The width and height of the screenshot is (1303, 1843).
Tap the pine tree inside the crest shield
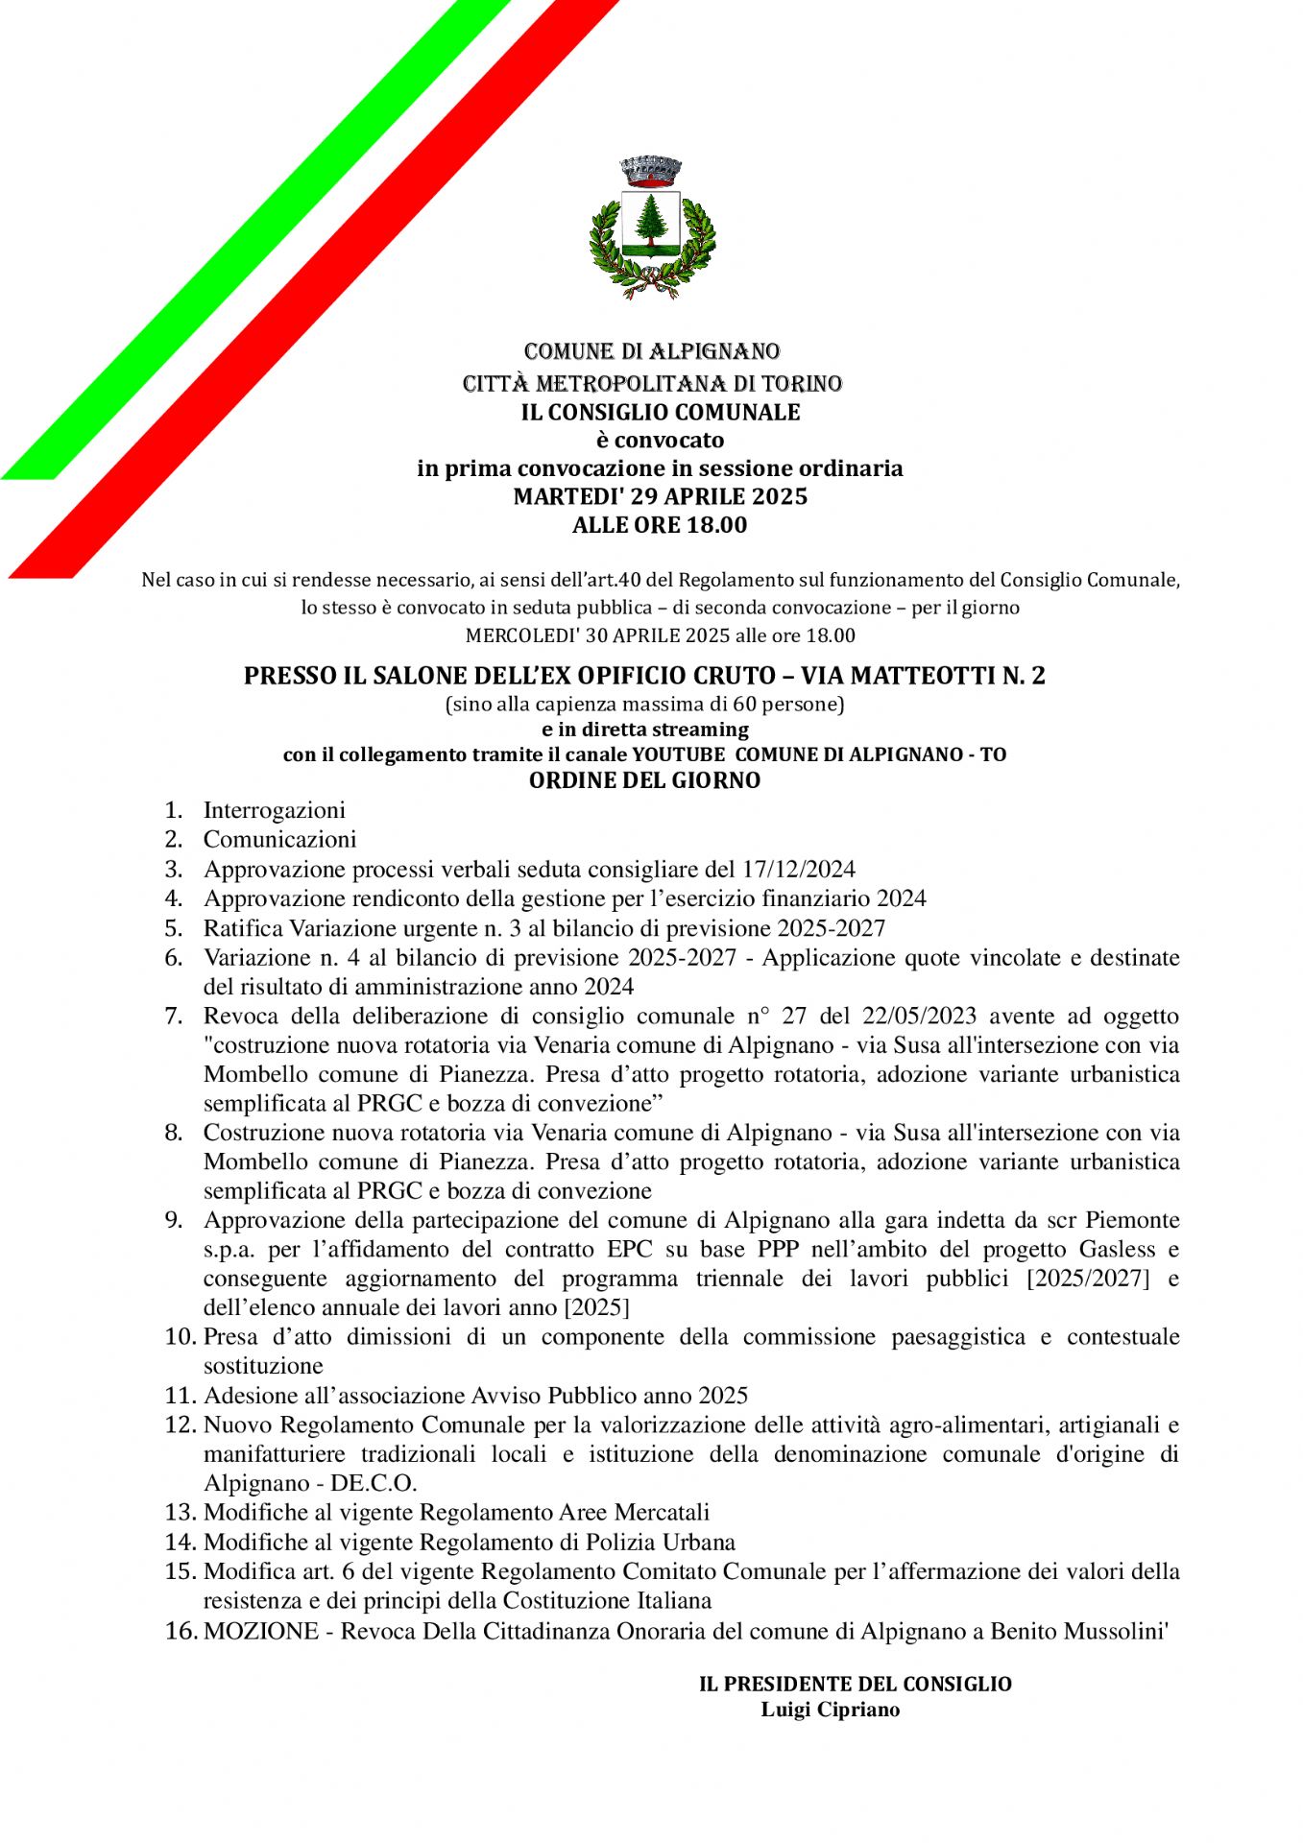650,220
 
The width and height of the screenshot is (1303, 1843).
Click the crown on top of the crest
650,172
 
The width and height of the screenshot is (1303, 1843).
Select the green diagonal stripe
250,240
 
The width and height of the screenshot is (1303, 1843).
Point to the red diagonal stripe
317,288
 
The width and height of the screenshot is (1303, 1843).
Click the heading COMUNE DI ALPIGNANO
651,351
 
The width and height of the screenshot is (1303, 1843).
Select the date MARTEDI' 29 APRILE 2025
660,496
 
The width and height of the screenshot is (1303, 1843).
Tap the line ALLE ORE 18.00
659,525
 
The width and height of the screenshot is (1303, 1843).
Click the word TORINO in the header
802,384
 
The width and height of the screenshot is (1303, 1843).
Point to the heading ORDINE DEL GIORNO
644,780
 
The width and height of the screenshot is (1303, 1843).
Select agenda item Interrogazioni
274,810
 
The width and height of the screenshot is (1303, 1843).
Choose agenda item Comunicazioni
279,840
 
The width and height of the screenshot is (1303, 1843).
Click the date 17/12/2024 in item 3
798,870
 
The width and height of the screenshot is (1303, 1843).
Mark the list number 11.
180,1396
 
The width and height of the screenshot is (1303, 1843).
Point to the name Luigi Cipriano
830,1710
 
